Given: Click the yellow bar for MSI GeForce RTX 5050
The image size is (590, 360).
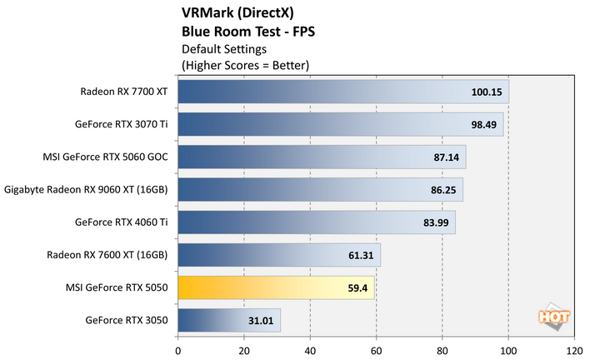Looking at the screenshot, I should [276, 287].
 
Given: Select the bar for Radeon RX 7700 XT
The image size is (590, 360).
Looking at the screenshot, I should [342, 92].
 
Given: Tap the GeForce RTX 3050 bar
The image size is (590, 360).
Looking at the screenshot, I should [229, 320].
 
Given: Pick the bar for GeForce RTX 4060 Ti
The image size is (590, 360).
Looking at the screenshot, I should [316, 222].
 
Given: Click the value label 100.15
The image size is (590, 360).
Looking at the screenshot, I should [486, 92].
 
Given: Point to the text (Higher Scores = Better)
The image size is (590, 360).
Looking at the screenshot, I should [246, 64].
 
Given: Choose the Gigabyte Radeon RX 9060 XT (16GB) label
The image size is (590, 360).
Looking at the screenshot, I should [87, 190].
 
